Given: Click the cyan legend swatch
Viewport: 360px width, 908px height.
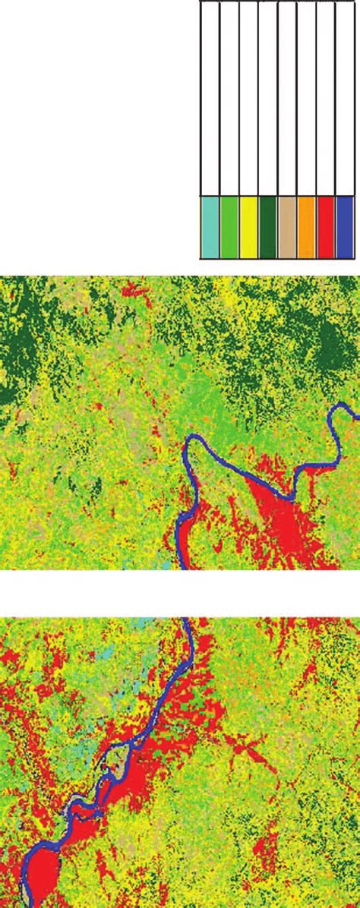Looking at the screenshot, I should (210, 228).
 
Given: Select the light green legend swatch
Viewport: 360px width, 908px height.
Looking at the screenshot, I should (229, 228).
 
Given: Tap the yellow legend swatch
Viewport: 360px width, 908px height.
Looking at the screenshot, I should (248, 228).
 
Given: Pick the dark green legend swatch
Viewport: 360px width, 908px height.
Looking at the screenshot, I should (268, 228).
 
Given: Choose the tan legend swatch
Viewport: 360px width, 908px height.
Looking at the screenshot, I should (287, 228).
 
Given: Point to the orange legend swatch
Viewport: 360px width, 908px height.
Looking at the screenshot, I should (306, 228).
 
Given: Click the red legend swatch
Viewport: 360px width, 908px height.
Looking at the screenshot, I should (325, 228).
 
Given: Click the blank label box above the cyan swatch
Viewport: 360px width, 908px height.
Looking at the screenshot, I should (210, 99).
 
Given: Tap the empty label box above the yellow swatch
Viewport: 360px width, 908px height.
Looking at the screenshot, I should (248, 99).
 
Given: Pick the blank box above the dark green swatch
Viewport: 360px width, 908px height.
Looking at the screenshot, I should (268, 99).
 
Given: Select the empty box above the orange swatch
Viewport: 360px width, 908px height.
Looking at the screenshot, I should (306, 99).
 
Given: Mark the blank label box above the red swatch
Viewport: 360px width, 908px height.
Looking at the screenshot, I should (325, 99).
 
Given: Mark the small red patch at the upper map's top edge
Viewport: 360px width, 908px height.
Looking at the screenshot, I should (134, 289).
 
